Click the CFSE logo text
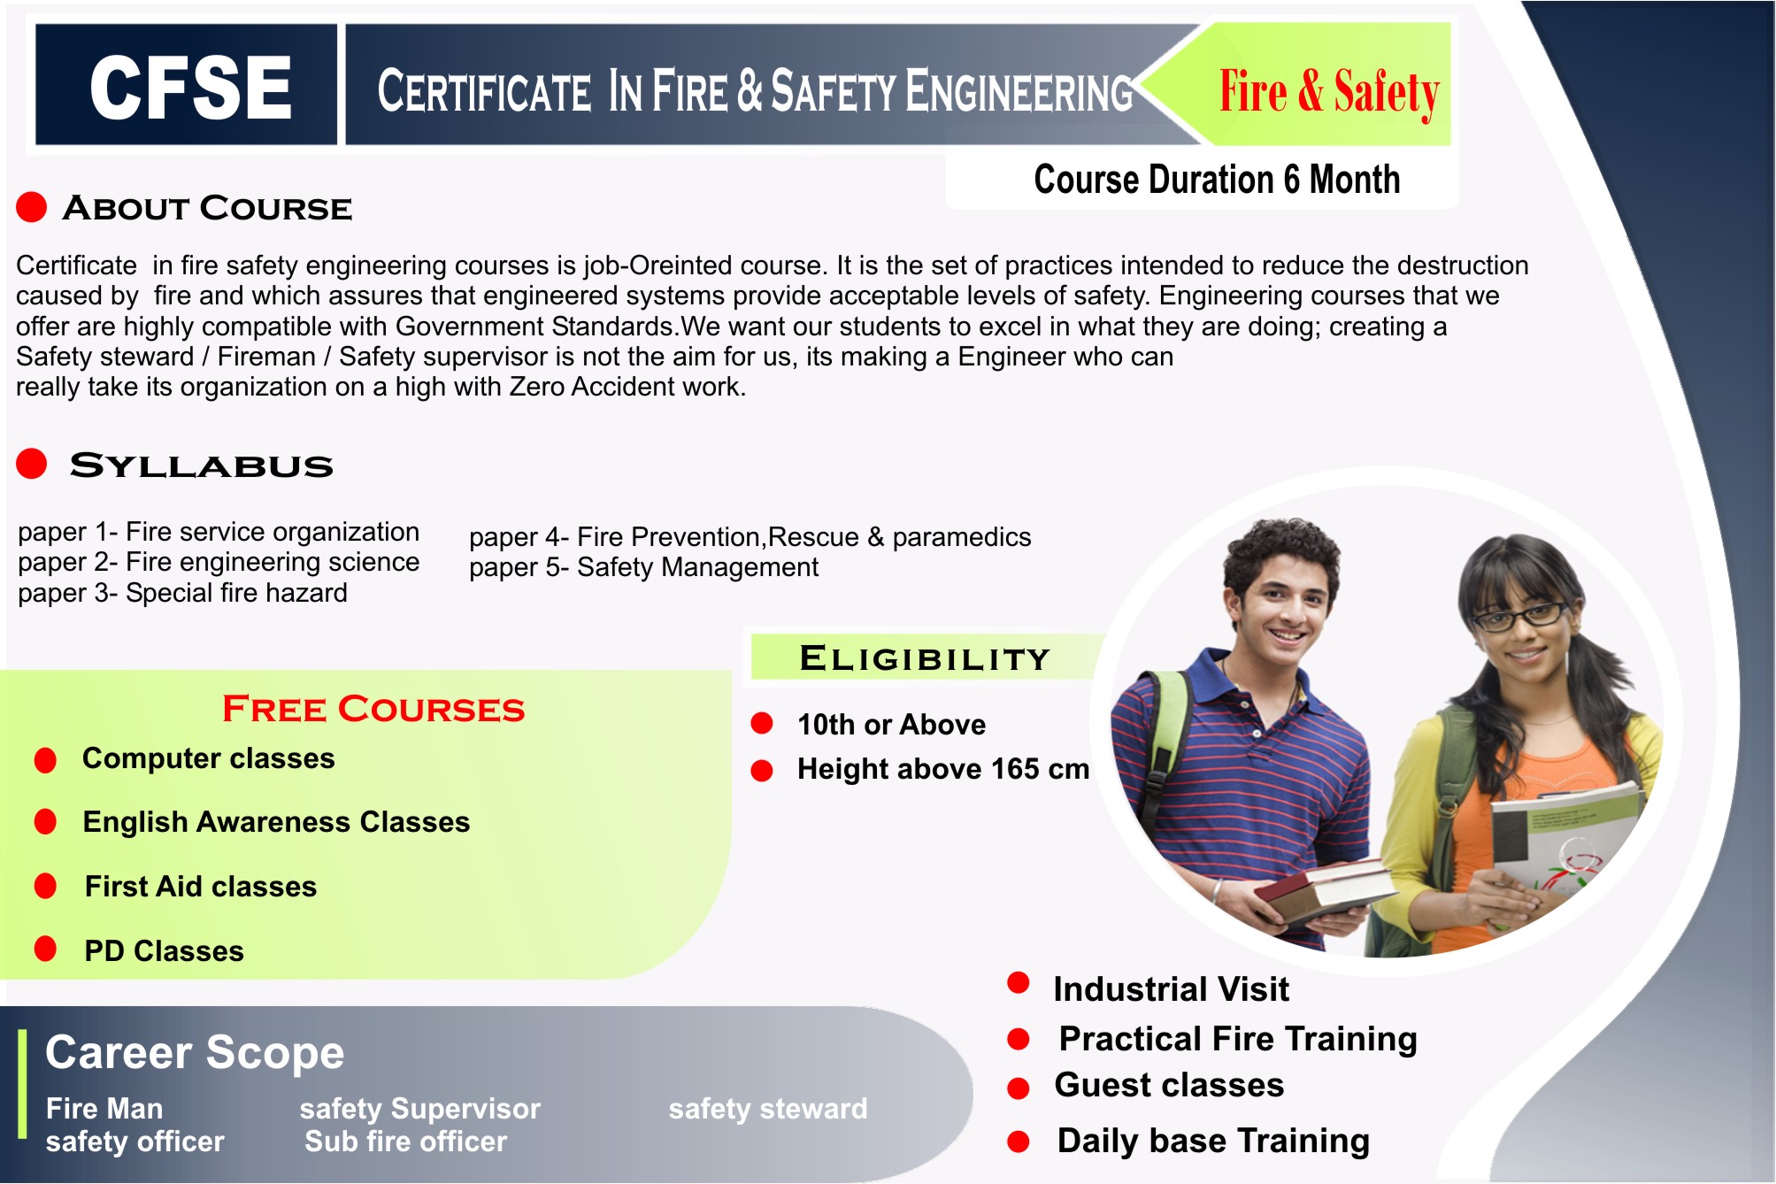(190, 87)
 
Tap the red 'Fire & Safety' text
(1329, 91)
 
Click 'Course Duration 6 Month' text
(1217, 180)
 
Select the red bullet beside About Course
(32, 207)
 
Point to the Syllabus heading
(202, 465)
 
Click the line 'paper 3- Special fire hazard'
(182, 593)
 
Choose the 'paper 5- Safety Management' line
(643, 567)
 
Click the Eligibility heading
(924, 658)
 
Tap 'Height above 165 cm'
(942, 769)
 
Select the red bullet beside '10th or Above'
(762, 724)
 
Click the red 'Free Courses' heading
(373, 709)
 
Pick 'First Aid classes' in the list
(201, 887)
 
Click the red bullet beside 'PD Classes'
(45, 950)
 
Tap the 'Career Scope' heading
(195, 1053)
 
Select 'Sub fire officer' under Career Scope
(405, 1142)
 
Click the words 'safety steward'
(767, 1109)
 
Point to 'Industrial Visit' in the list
(1170, 989)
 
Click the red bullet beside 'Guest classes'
(1019, 1088)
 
